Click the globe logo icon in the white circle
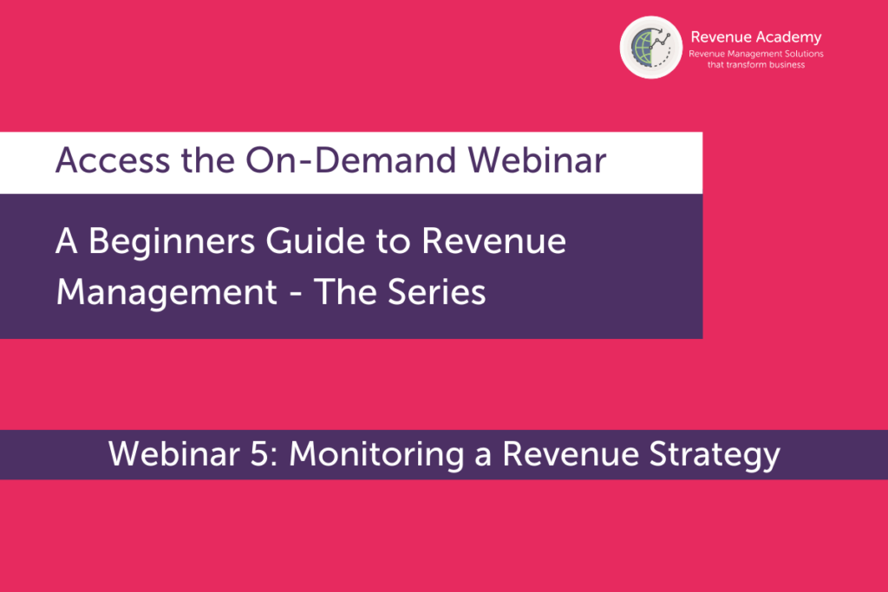click(650, 47)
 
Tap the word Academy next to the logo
click(788, 38)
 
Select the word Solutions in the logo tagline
click(804, 54)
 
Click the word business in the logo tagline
click(787, 64)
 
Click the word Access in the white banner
click(113, 160)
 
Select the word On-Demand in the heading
click(350, 160)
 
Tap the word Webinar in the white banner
click(537, 160)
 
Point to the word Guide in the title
click(316, 241)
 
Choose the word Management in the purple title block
click(166, 293)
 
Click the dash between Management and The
click(295, 295)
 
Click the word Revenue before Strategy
click(571, 454)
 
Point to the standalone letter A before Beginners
click(66, 241)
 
